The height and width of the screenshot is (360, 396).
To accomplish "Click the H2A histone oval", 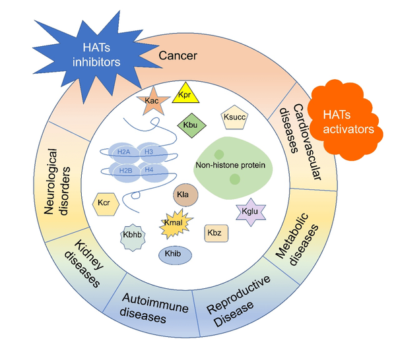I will click(123, 152).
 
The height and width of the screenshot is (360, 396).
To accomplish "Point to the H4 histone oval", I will click(149, 170).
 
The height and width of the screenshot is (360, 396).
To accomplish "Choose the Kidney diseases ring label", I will click(82, 264).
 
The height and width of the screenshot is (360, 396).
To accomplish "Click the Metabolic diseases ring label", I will click(298, 239).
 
